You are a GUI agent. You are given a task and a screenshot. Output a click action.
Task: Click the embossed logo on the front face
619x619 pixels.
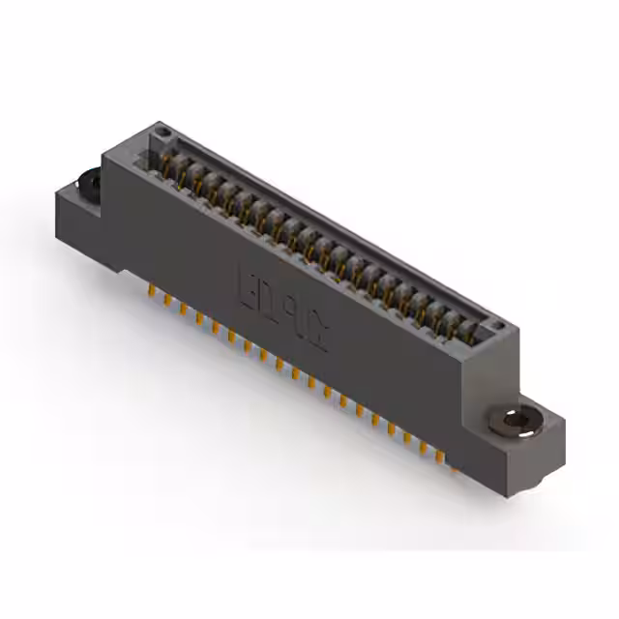point(282,304)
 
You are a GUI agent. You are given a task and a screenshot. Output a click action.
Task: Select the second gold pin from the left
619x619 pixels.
point(167,300)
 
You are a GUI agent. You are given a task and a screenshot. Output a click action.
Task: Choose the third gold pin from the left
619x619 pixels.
point(183,309)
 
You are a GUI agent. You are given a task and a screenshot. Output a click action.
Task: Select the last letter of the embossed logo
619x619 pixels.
point(319,334)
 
